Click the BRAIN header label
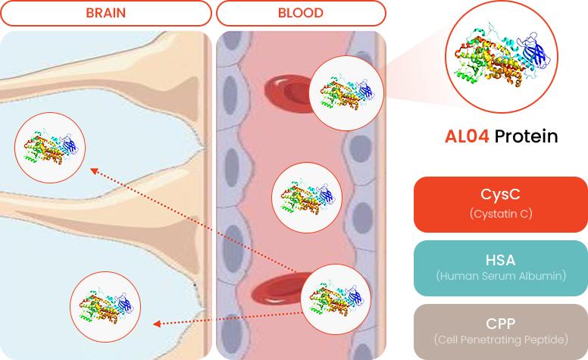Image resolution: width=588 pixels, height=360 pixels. coord(105,13)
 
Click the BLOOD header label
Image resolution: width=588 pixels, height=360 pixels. coord(300,13)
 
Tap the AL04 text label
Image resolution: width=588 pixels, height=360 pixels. coord(467,136)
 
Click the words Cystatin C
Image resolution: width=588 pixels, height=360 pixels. coord(500,214)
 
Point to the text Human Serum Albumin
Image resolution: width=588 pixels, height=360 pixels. coord(500,276)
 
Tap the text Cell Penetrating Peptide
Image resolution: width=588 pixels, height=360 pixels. coord(500,340)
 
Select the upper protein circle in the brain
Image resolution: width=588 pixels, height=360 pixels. coord(51,147)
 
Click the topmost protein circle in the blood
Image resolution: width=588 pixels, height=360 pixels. coord(347,92)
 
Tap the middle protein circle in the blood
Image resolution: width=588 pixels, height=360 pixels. coord(307,197)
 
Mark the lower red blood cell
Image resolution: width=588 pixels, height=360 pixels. coord(277,291)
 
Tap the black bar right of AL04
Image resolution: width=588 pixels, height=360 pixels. coord(524,136)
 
